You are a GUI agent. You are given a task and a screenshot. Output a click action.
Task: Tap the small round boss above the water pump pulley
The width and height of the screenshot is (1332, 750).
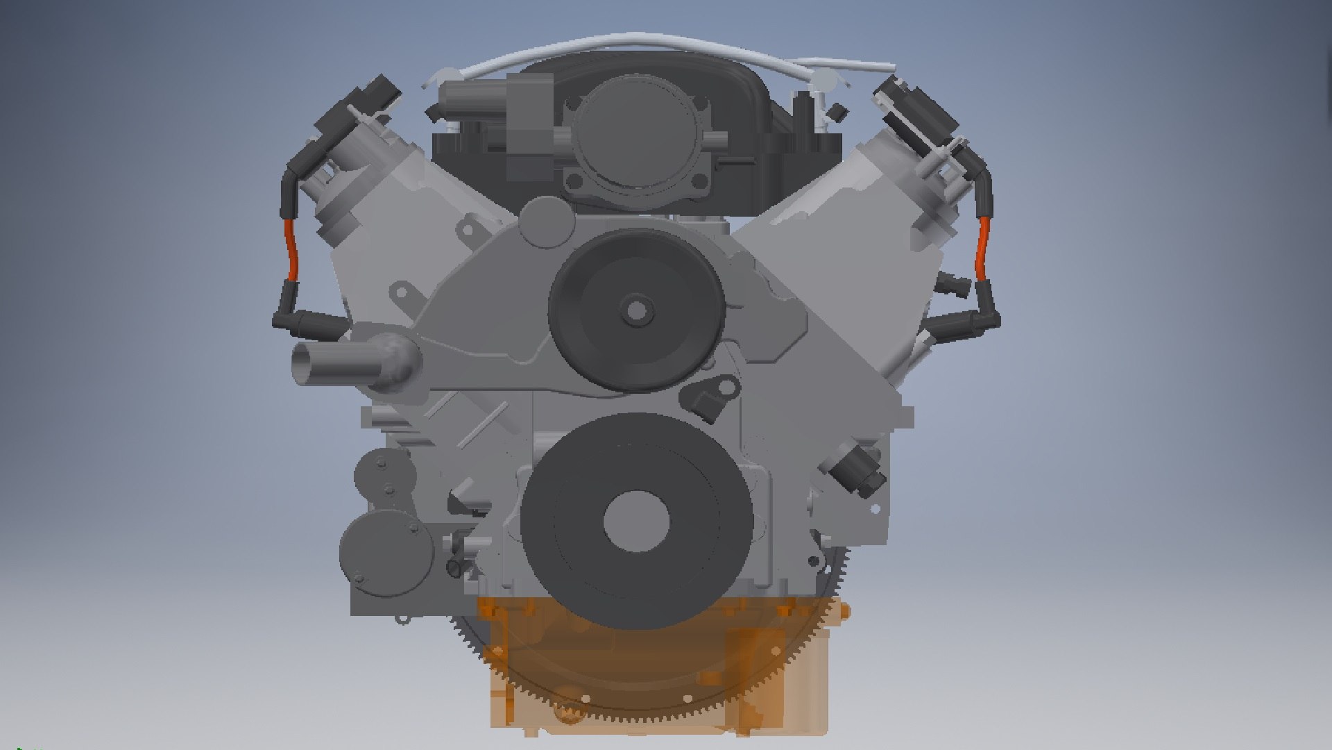[544, 220]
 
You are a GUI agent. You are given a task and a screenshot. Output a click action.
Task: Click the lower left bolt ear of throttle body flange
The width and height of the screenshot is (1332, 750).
[574, 183]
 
